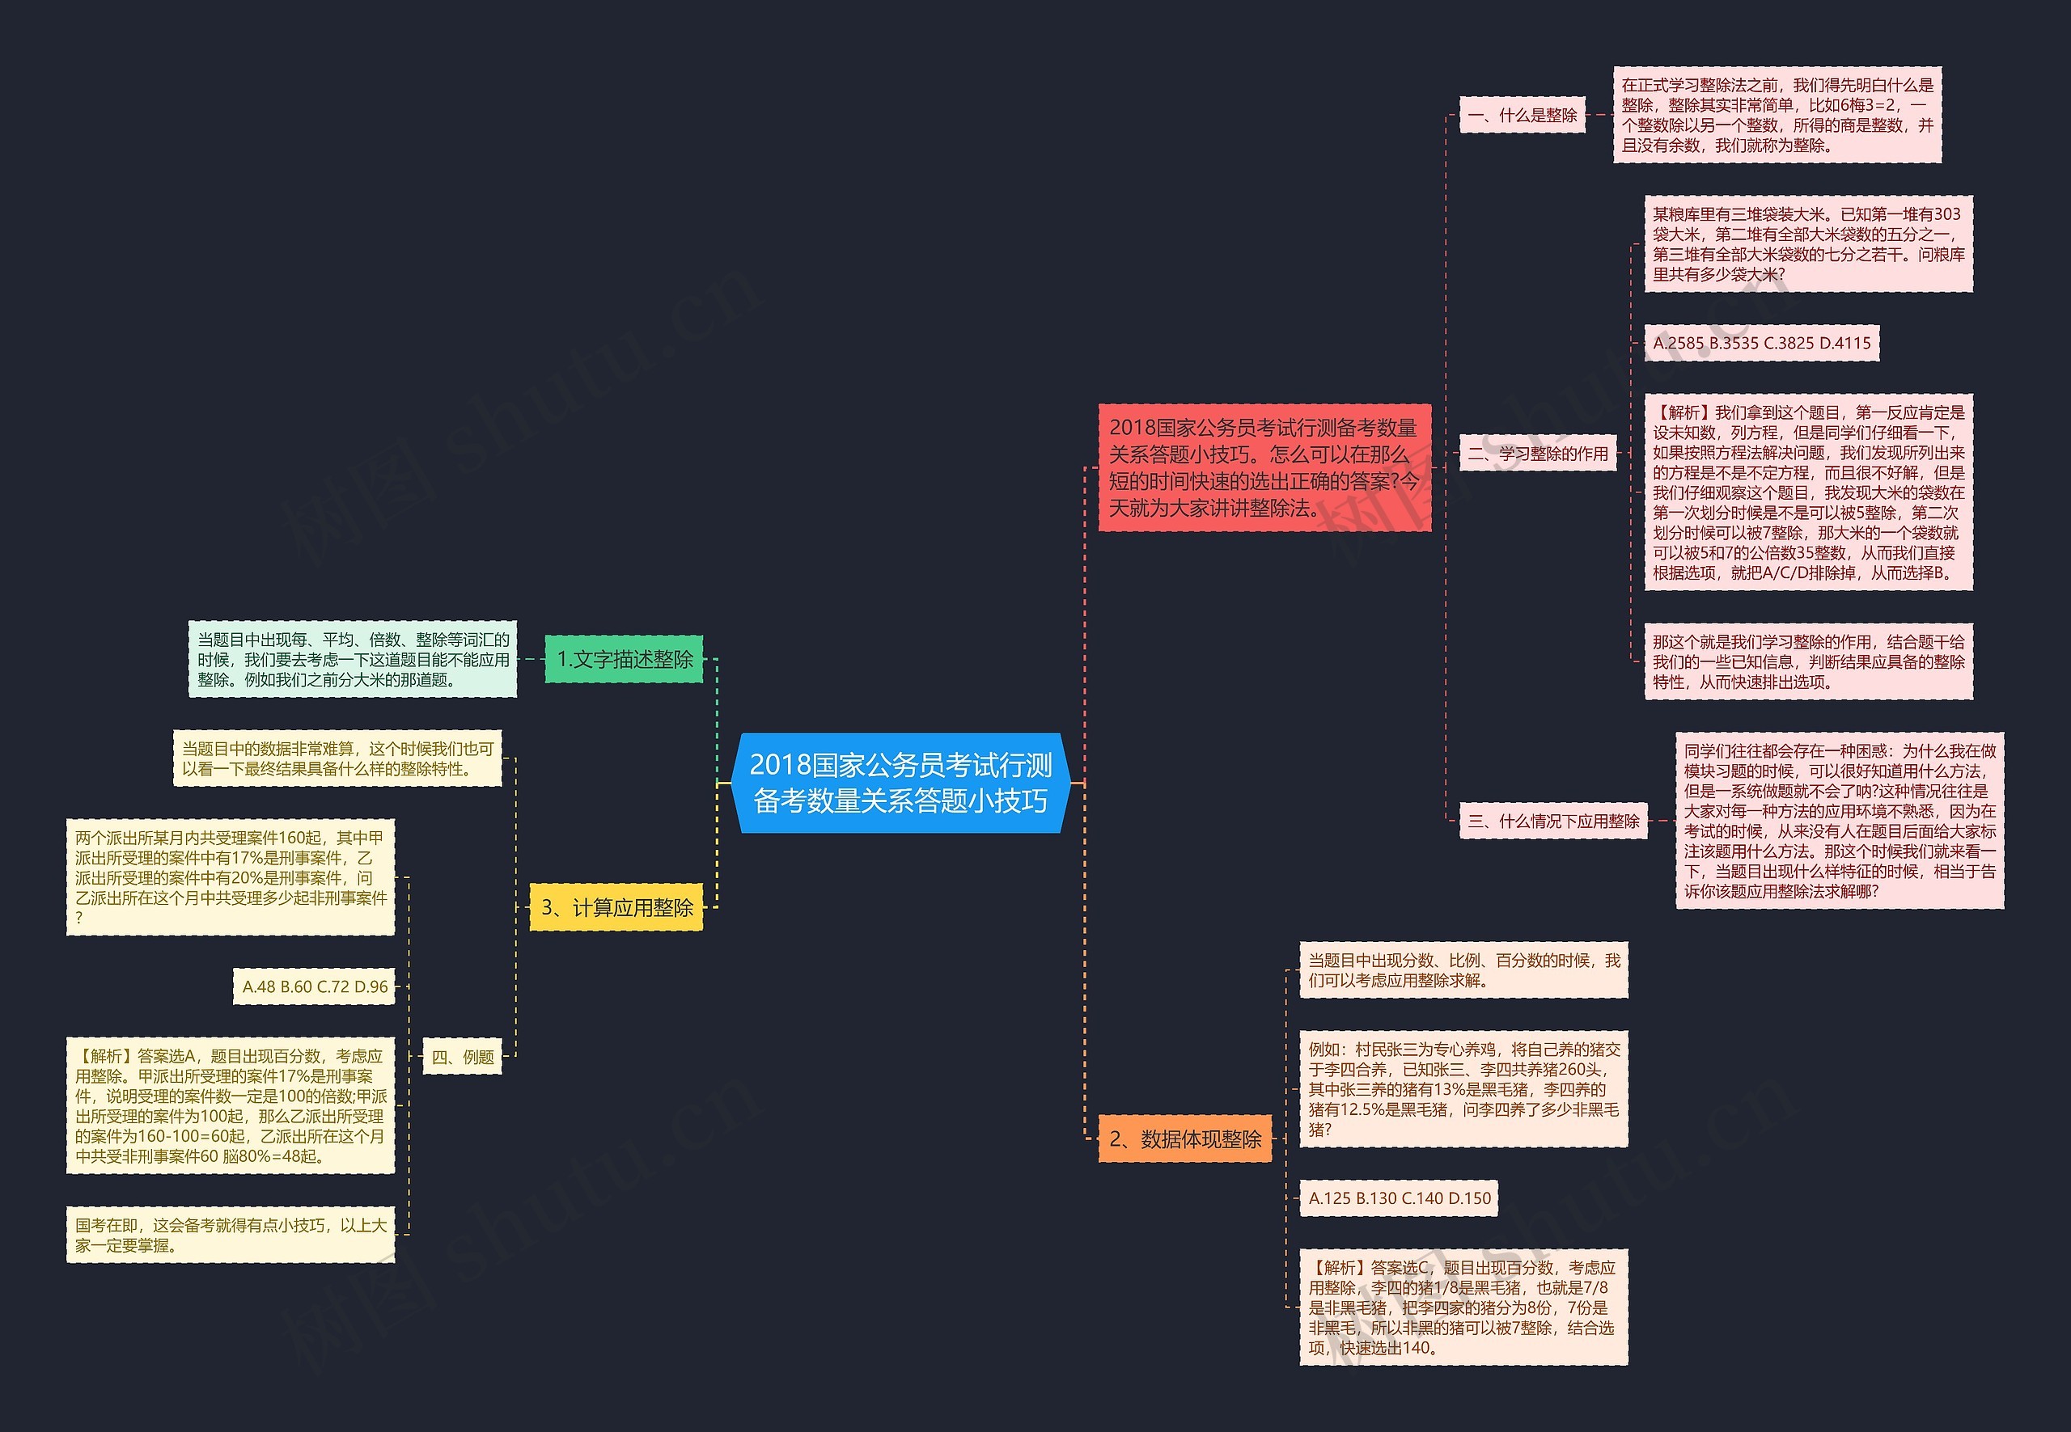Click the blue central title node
click(x=900, y=783)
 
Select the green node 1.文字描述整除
click(x=624, y=658)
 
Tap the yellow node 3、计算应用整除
click(x=616, y=907)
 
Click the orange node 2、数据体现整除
click(x=1185, y=1138)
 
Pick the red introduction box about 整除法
click(x=1264, y=467)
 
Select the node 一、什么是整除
click(x=1522, y=115)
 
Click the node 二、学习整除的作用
click(x=1537, y=453)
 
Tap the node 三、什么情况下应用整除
click(x=1553, y=820)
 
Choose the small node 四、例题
click(x=462, y=1056)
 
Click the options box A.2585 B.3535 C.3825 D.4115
click(x=1760, y=343)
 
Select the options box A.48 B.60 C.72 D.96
click(x=314, y=986)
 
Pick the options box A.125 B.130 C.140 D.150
click(x=1399, y=1198)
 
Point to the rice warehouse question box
click(x=1808, y=244)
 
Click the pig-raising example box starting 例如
click(x=1463, y=1088)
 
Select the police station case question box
click(x=231, y=877)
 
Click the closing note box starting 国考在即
click(x=231, y=1235)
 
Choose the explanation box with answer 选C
click(x=1463, y=1307)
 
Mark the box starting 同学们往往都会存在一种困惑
click(x=1840, y=820)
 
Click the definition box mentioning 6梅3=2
click(x=1777, y=115)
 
